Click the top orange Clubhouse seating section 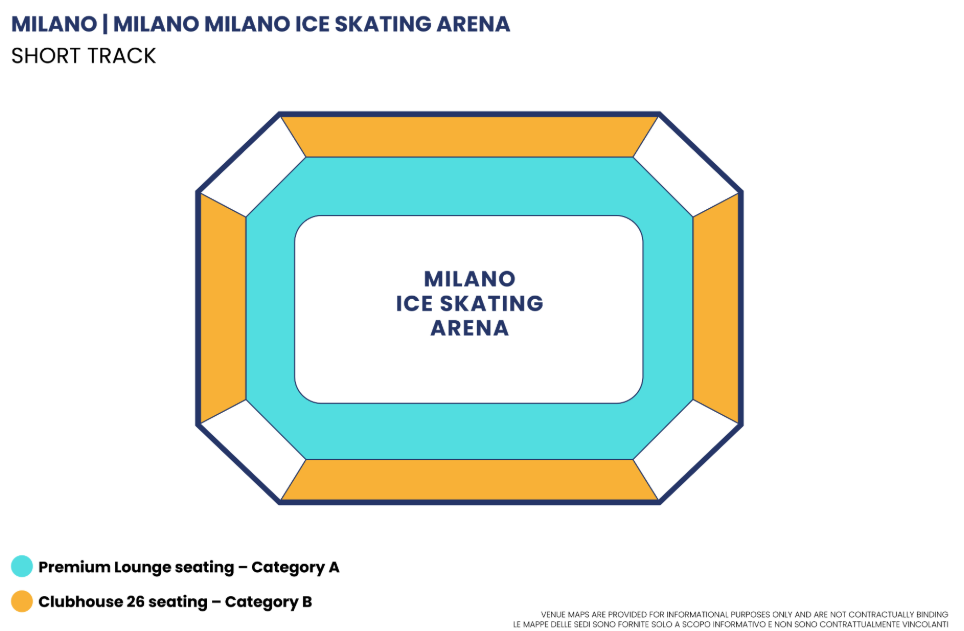click(469, 137)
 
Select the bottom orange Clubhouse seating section click(469, 480)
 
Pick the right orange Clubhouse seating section click(715, 308)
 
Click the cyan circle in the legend click(22, 567)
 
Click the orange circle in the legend click(22, 602)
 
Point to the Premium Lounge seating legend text click(189, 567)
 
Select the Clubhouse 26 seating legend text click(175, 602)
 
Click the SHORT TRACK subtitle click(84, 56)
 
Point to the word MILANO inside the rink click(469, 278)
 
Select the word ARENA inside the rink click(469, 328)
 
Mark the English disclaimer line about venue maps click(744, 614)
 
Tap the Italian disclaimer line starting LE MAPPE click(730, 624)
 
